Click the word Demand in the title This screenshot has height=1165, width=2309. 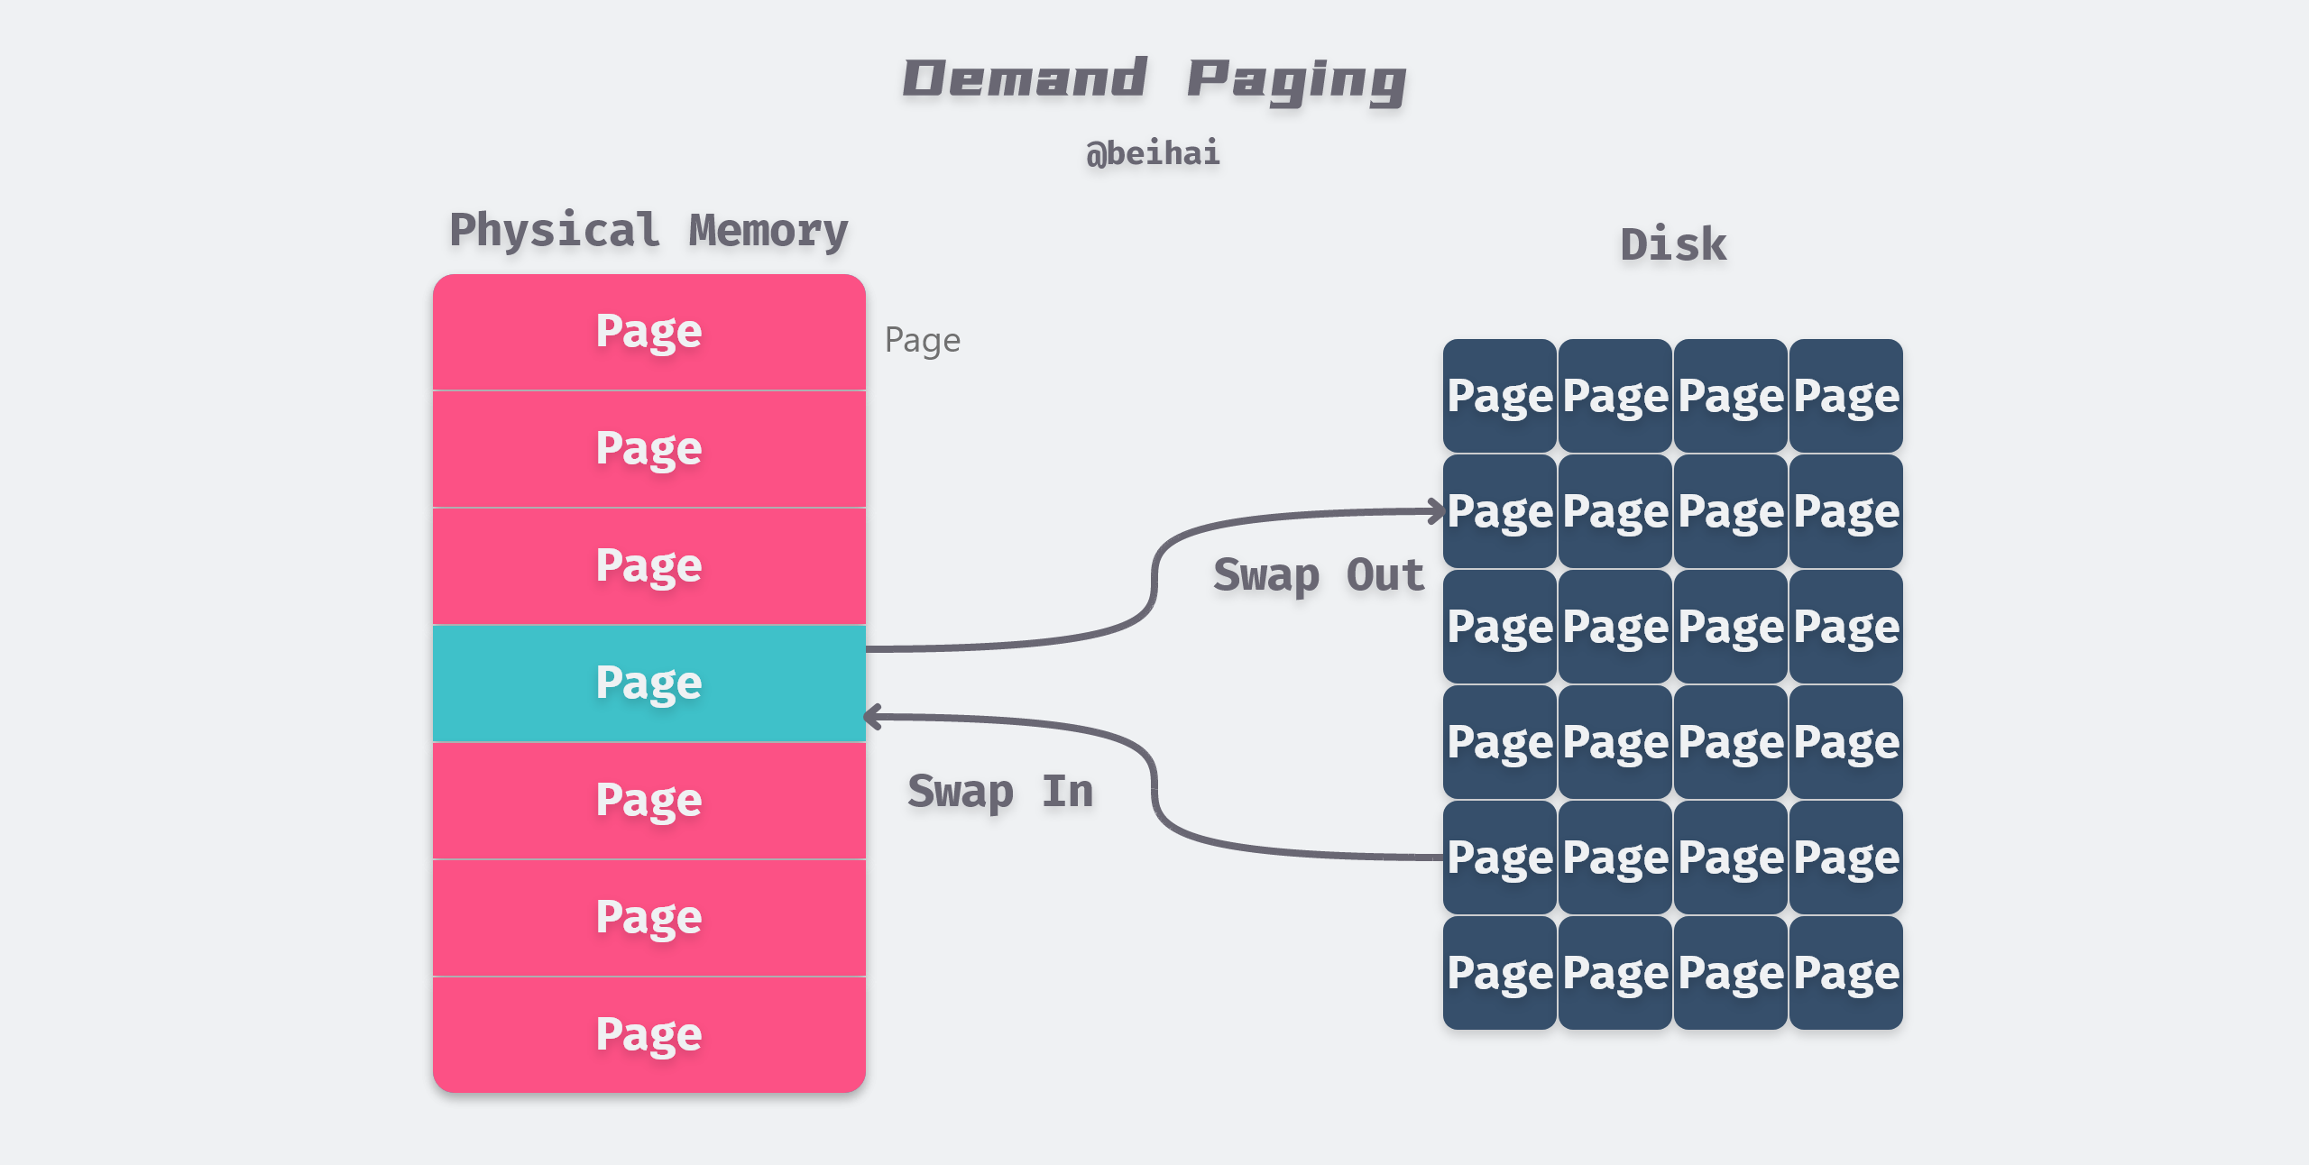point(1025,78)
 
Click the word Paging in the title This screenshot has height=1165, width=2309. point(1296,81)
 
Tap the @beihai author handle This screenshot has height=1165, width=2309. point(1153,153)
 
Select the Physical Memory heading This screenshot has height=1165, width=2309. point(649,231)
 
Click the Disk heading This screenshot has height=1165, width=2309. point(1673,245)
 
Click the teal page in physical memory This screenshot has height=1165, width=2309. point(649,683)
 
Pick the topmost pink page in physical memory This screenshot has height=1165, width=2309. point(649,332)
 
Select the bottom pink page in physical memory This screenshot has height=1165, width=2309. point(649,1034)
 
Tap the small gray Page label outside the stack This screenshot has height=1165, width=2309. point(922,341)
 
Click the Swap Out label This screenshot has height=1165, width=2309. point(1319,575)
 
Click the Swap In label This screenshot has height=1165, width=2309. point(1000,792)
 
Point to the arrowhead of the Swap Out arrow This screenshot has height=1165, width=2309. point(1439,511)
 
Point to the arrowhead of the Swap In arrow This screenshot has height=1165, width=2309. point(871,718)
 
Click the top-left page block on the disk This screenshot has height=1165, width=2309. point(1499,396)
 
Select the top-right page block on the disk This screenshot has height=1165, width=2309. point(1845,396)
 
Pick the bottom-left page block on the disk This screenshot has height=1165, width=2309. point(1499,973)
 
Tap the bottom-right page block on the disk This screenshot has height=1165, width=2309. point(1845,973)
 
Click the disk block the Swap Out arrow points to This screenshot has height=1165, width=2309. point(1499,511)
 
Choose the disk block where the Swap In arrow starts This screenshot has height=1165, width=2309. point(1499,858)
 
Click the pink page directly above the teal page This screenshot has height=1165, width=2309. point(649,566)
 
